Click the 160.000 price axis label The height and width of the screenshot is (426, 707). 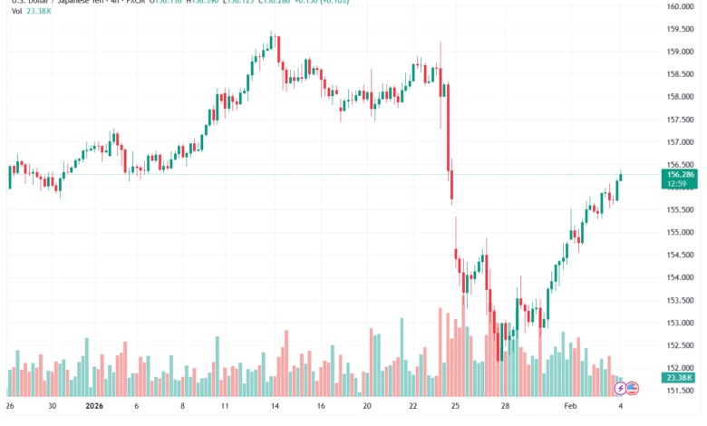tap(680, 6)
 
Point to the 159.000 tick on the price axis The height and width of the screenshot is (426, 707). tap(680, 52)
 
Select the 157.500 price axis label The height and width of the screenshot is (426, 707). tap(680, 120)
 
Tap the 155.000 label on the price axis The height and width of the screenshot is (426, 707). tap(680, 232)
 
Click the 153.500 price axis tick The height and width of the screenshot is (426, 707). tap(680, 300)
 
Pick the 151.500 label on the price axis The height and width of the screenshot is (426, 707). tap(680, 391)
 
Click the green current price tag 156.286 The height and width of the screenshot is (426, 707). tap(680, 173)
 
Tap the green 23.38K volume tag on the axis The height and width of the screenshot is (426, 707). tap(680, 378)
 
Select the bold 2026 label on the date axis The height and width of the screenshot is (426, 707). tap(92, 408)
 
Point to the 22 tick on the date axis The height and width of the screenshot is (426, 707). tap(413, 408)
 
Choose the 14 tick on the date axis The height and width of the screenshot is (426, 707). tap(275, 408)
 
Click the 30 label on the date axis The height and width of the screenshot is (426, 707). tap(53, 408)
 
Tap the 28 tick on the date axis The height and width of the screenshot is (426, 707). tap(506, 408)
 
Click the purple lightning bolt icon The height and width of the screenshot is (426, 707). tap(621, 388)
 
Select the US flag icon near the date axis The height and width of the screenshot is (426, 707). tap(633, 388)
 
